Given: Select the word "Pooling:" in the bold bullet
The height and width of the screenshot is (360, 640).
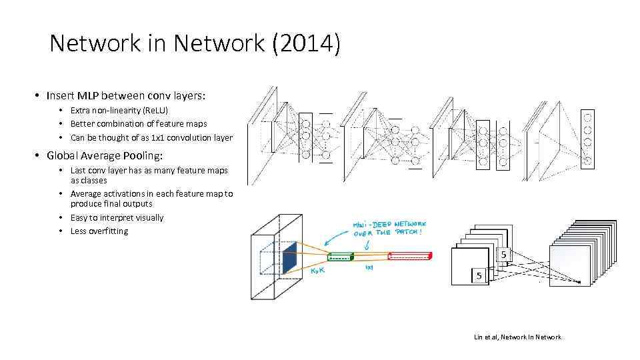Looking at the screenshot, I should click(141, 155).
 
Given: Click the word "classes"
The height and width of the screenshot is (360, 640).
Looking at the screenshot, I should click(89, 180).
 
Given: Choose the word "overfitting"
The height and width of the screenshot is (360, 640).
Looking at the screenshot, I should click(108, 231).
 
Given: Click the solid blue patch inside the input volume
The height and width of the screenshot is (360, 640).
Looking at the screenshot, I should click(289, 259).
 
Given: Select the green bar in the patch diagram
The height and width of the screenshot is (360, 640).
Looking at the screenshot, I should click(341, 257).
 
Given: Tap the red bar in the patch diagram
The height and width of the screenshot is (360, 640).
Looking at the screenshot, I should click(410, 256).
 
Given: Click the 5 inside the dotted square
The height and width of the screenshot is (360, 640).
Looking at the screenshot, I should click(503, 255).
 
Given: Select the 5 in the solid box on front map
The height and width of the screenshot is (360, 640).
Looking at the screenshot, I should click(479, 275).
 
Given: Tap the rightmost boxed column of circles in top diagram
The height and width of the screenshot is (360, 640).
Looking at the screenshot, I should click(587, 137).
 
